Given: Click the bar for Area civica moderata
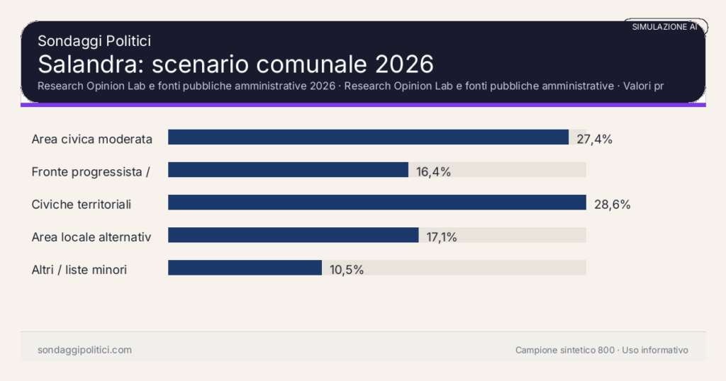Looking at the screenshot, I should click(368, 137).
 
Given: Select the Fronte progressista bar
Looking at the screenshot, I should click(288, 170).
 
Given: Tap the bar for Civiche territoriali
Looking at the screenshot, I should click(376, 203).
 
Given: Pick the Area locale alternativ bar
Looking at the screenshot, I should click(293, 235).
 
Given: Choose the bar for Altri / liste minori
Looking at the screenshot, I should click(245, 268).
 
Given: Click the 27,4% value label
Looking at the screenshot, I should click(594, 139).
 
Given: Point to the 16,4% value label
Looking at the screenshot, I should click(433, 171).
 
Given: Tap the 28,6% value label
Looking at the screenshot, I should click(612, 204).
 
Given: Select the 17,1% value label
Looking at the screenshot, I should click(442, 237).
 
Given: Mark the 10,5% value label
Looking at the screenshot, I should click(347, 269).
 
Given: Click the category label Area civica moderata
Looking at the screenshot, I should click(92, 139).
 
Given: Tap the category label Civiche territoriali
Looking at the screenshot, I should click(82, 204).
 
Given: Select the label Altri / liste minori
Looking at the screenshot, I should click(79, 269).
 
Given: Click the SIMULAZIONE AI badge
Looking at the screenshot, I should click(664, 27).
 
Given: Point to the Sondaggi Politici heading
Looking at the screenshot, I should click(94, 41).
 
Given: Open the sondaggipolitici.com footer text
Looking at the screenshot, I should click(84, 350).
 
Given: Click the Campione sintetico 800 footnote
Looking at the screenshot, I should click(564, 350).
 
